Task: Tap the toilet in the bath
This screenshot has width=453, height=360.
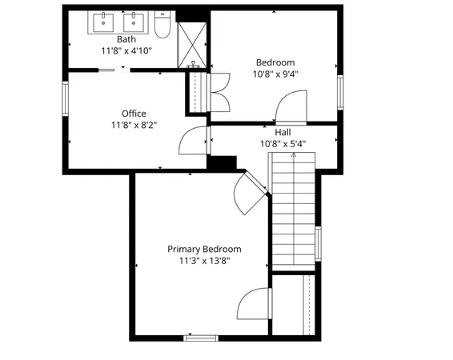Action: pos(162,27)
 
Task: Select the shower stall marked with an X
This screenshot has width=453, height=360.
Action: pos(191,45)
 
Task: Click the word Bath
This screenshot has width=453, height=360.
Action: pos(126,39)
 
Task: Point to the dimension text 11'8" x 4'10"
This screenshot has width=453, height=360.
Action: pos(126,50)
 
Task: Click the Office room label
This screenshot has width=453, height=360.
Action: pos(134,114)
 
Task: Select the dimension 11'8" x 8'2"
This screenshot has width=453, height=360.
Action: pos(134,125)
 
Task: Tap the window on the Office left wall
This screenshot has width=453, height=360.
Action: pos(66,99)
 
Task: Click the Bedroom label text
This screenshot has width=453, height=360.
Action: pos(275,62)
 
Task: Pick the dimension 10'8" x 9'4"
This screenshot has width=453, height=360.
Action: pos(275,74)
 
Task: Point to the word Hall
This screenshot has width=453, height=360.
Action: pos(283,133)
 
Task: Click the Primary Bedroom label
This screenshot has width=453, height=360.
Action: pos(204,249)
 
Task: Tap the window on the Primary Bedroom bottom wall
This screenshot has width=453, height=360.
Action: pos(202,338)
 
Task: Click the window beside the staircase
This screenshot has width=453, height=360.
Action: pos(318,243)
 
